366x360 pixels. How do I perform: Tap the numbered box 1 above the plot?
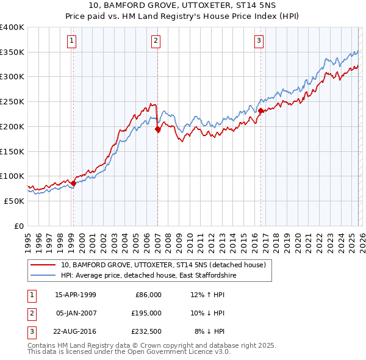[x=72, y=41]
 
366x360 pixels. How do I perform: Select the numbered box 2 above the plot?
[x=156, y=41]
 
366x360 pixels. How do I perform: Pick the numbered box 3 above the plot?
[x=259, y=41]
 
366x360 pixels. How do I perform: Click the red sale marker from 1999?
[x=73, y=182]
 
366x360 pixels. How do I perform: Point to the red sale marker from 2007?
[x=157, y=129]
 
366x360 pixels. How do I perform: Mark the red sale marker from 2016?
[x=260, y=110]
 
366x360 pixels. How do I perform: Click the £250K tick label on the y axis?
[x=12, y=102]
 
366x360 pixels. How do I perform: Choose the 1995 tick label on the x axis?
[x=27, y=239]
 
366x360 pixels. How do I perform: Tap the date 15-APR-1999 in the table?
[x=76, y=295]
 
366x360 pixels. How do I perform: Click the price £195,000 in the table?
[x=147, y=313]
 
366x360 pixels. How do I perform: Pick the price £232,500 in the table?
[x=147, y=331]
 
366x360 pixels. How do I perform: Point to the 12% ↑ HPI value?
[x=207, y=295]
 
